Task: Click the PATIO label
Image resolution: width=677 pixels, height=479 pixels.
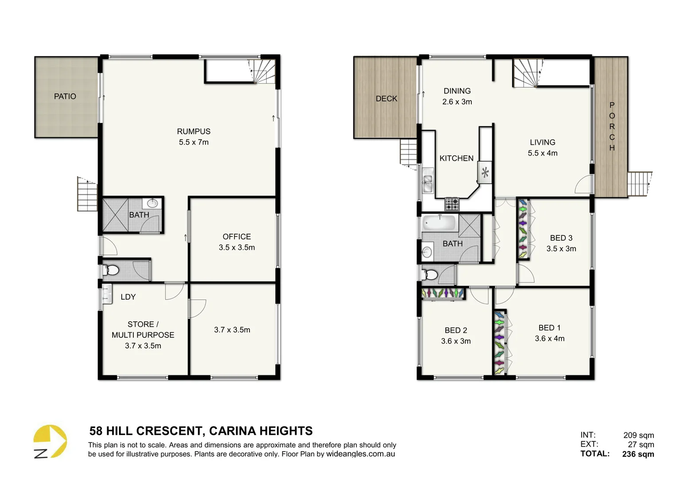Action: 65,96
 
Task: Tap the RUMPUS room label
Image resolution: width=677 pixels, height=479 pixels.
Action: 194,131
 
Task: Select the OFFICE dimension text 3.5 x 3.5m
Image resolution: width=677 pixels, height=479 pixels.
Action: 237,247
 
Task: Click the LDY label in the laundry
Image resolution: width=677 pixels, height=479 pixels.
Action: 128,297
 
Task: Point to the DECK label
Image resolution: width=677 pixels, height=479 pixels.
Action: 386,98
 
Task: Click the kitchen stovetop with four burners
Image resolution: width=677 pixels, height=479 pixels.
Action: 452,204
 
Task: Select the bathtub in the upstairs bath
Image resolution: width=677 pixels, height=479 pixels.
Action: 440,223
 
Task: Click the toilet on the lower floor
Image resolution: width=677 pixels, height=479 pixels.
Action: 111,270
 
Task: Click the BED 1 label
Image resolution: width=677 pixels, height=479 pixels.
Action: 549,328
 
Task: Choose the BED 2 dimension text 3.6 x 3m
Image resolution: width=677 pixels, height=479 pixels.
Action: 456,341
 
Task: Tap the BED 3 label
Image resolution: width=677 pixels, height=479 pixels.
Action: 561,238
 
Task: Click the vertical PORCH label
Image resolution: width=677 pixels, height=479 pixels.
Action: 612,126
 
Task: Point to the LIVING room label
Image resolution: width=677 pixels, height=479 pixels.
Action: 542,142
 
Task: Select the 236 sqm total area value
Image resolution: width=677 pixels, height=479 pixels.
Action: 638,454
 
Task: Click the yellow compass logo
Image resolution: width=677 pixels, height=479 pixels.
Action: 50,441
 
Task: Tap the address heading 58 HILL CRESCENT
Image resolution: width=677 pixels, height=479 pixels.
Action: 201,431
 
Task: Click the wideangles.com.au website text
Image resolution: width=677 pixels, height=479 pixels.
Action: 360,454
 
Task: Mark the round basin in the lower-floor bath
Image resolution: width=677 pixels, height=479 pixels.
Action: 152,204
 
